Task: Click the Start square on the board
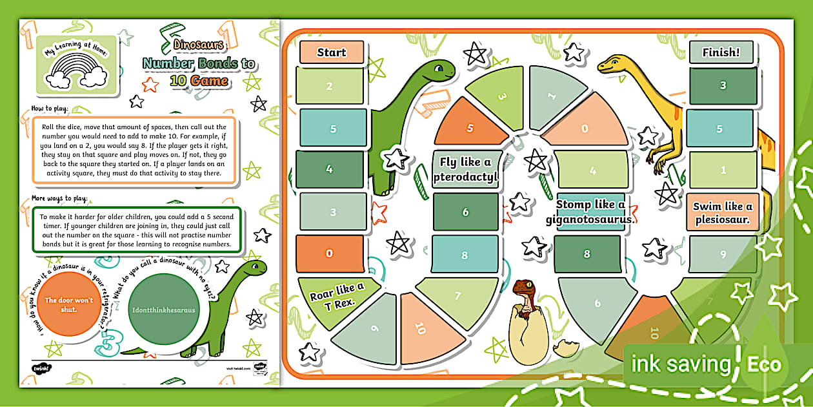click(x=332, y=52)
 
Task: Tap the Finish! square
click(x=721, y=52)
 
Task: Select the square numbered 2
click(x=330, y=86)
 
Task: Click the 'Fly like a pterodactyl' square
click(x=465, y=169)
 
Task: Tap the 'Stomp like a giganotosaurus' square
click(x=590, y=211)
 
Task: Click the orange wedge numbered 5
click(x=470, y=127)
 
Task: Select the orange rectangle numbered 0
click(x=330, y=253)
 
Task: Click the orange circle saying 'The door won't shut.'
click(x=69, y=304)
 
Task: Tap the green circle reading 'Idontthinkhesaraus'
click(x=163, y=309)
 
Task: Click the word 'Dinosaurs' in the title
click(x=199, y=45)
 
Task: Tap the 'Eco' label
click(x=763, y=364)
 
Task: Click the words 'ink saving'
click(x=680, y=364)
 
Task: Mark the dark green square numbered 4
click(x=330, y=169)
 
